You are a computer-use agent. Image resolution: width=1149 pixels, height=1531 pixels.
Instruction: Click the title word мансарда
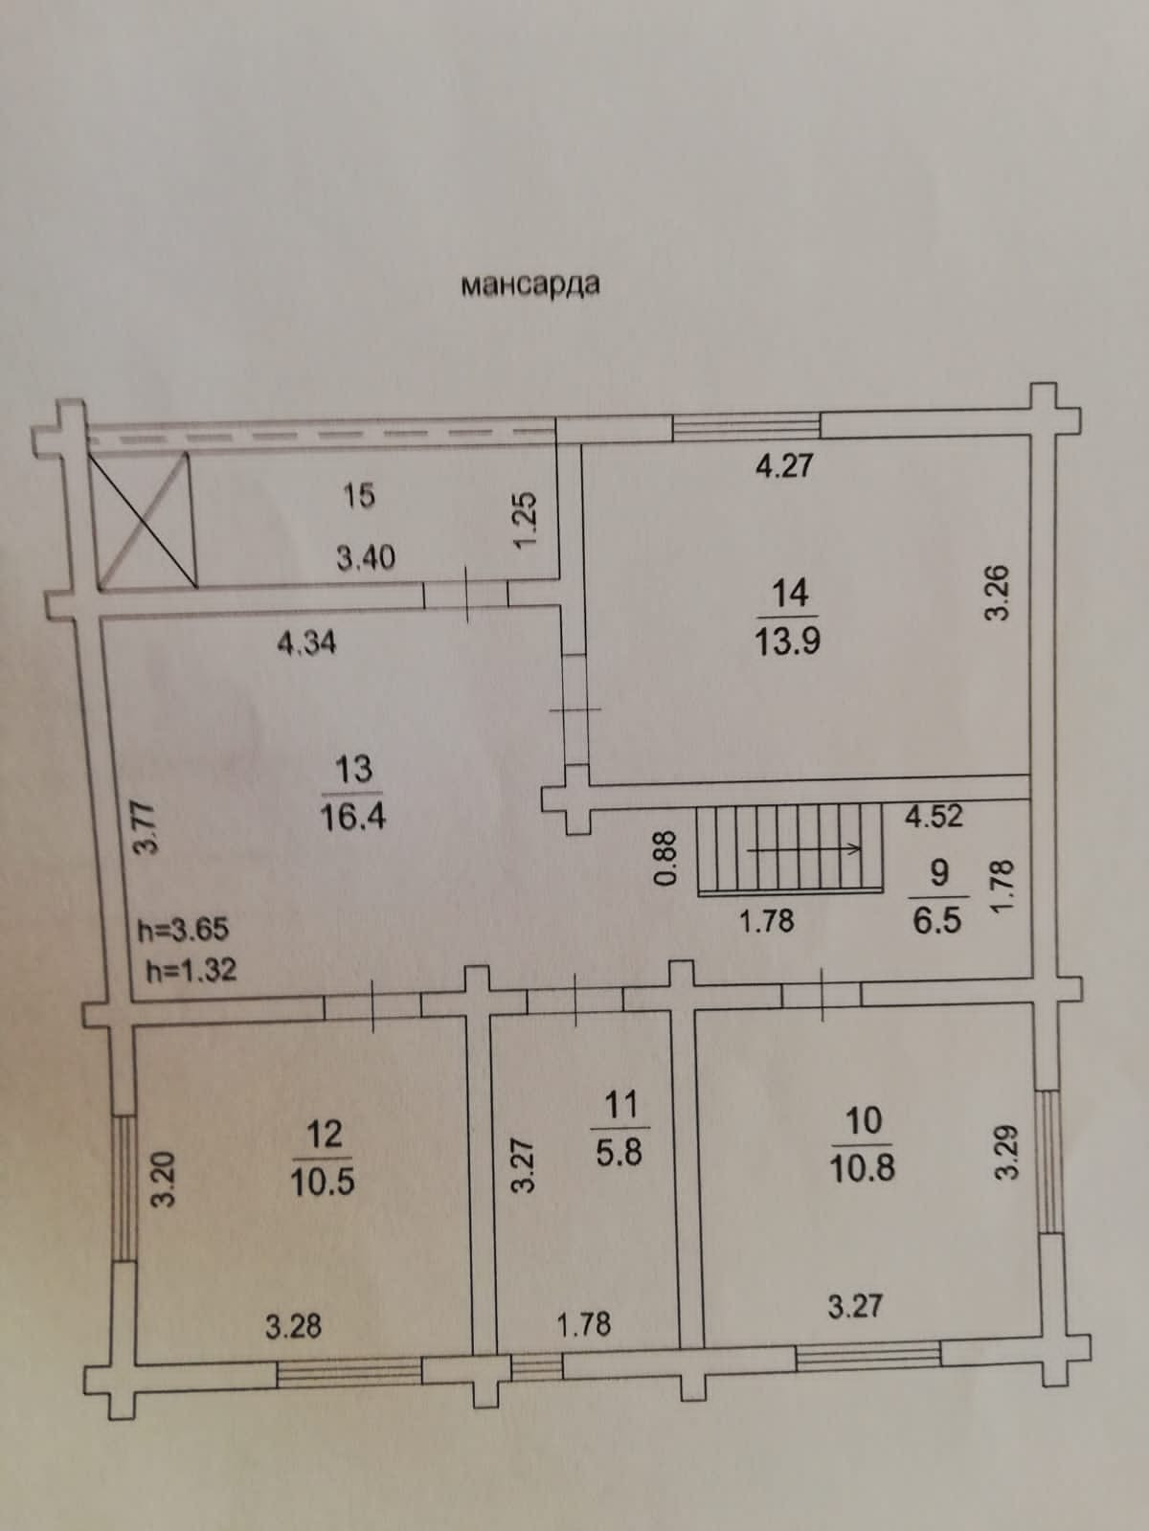pyautogui.click(x=530, y=284)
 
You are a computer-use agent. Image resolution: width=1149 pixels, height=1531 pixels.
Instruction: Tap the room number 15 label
pyautogui.click(x=359, y=496)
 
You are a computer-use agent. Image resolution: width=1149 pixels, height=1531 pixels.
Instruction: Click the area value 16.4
pyautogui.click(x=353, y=818)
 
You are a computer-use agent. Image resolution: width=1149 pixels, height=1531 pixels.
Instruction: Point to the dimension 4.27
pyautogui.click(x=784, y=465)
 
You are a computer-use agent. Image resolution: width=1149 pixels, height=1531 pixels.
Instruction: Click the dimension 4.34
pyautogui.click(x=306, y=642)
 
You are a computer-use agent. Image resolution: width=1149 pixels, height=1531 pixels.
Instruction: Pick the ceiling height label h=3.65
pyautogui.click(x=182, y=929)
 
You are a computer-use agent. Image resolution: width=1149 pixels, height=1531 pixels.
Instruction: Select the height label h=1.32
pyautogui.click(x=191, y=970)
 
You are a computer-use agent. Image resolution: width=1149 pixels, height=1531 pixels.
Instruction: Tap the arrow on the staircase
pyautogui.click(x=804, y=848)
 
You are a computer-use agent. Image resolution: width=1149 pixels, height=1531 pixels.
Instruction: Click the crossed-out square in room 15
pyautogui.click(x=144, y=518)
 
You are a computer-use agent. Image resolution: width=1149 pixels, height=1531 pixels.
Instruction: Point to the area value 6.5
pyautogui.click(x=938, y=920)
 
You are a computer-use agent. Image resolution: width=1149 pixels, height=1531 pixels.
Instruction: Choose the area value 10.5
pyautogui.click(x=323, y=1182)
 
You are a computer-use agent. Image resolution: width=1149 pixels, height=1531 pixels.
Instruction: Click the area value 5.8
pyautogui.click(x=620, y=1152)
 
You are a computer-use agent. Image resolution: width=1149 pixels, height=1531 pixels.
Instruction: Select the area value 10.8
pyautogui.click(x=863, y=1168)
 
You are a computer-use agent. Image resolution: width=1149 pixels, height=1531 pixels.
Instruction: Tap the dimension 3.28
pyautogui.click(x=293, y=1326)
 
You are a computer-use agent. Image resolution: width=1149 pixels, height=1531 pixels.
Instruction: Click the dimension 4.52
pyautogui.click(x=935, y=816)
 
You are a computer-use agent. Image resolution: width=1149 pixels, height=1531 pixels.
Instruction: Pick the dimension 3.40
pyautogui.click(x=366, y=556)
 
